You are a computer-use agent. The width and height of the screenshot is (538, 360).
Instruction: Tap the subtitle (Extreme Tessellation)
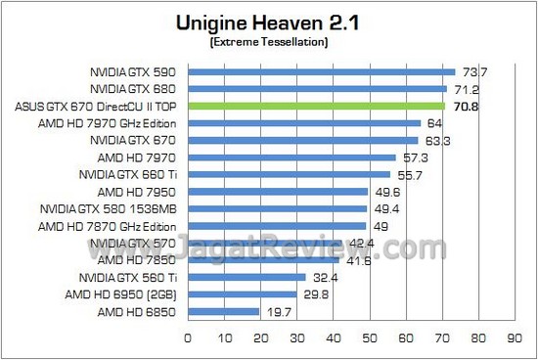(267, 43)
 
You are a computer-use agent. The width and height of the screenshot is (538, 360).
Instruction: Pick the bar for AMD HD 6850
(223, 311)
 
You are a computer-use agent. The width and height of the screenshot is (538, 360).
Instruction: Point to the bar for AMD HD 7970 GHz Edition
(303, 123)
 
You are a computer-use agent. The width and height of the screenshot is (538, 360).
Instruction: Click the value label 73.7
(475, 72)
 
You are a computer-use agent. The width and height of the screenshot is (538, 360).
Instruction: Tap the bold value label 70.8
(464, 106)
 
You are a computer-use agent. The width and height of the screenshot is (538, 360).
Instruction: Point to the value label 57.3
(412, 157)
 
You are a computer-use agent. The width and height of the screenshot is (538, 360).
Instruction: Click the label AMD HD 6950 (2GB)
(122, 294)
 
